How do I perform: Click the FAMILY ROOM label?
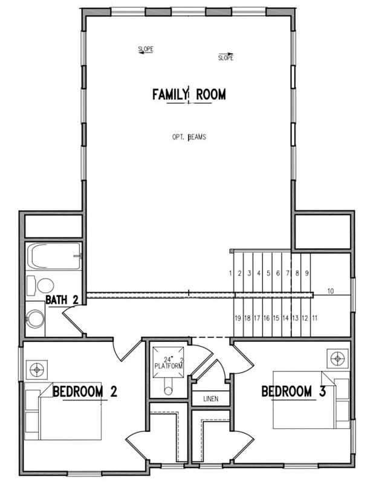pos(189,94)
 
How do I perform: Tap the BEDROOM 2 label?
pos(85,391)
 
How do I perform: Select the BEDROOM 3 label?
pos(293,391)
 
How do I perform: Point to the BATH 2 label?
pos(62,300)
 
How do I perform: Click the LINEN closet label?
pos(211,399)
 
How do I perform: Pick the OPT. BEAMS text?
pos(189,137)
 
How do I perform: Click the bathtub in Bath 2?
pos(54,256)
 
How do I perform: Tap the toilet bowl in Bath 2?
pos(45,286)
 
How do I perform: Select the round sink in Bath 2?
pos(35,318)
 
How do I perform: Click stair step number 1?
pos(230,273)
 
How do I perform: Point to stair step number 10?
pos(331,291)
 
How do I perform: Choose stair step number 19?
pos(238,318)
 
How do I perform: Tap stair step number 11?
pos(314,318)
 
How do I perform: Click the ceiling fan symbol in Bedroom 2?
pos(37,370)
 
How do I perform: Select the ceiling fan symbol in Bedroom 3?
pos(338,359)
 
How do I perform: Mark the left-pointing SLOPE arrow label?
pos(146,50)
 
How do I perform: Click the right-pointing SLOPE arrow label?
pos(226,57)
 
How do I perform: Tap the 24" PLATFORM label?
pos(169,363)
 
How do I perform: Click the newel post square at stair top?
pos(232,251)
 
